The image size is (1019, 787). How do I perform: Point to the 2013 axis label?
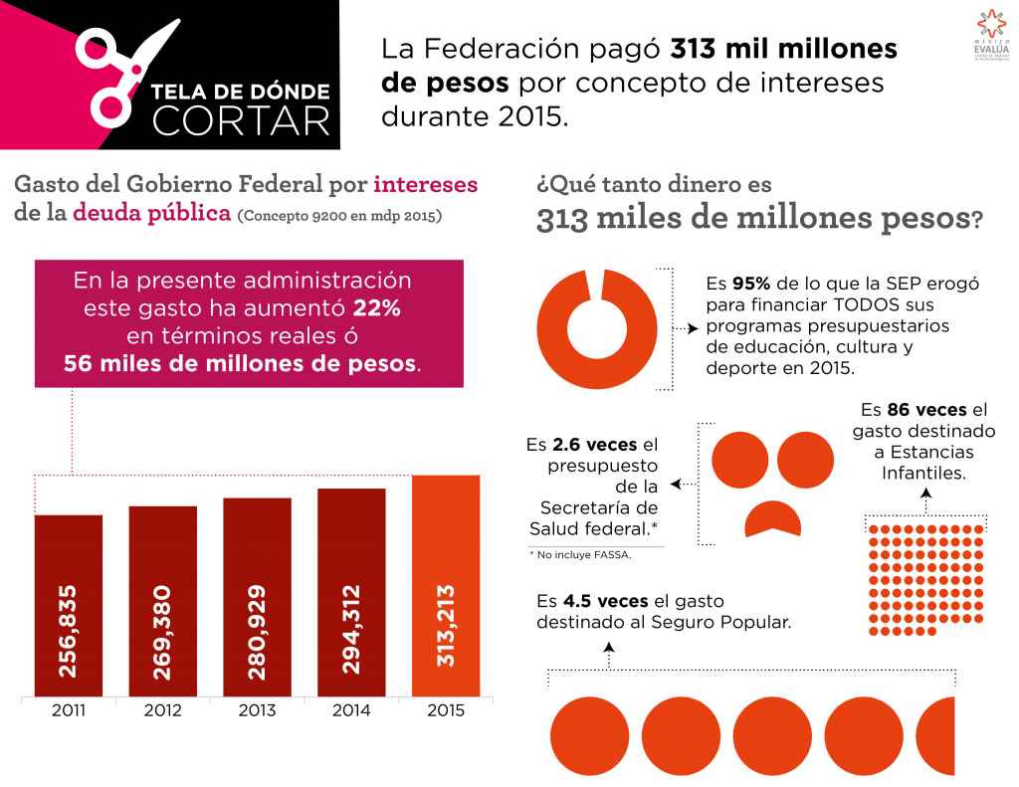coord(257,710)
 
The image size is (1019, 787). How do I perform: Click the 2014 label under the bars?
coord(351,710)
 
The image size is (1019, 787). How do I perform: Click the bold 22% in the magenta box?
coord(377,308)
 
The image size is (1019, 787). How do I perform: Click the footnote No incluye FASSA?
coord(582,554)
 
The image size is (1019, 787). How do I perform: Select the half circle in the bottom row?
coord(936,737)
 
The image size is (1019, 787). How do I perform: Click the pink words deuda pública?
coord(150,213)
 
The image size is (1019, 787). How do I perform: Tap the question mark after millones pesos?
coord(976,219)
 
